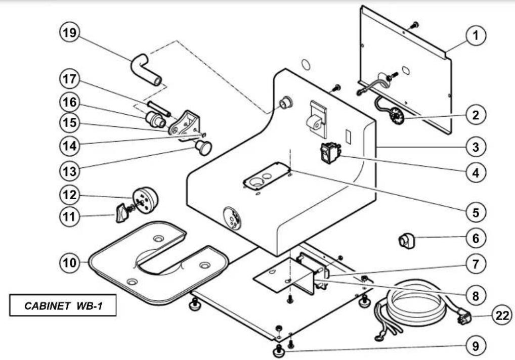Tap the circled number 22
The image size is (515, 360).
(x=501, y=316)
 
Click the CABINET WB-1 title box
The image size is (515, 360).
(x=63, y=305)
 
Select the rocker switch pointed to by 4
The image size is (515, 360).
(x=330, y=153)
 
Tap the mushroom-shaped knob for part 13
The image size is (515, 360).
(x=203, y=147)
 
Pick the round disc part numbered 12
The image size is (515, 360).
(x=145, y=200)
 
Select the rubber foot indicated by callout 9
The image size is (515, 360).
(x=279, y=352)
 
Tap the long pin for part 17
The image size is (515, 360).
(x=159, y=109)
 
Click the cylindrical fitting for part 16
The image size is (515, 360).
(x=155, y=120)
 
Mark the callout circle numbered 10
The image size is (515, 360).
(x=69, y=262)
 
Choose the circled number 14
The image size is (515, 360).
(x=69, y=146)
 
